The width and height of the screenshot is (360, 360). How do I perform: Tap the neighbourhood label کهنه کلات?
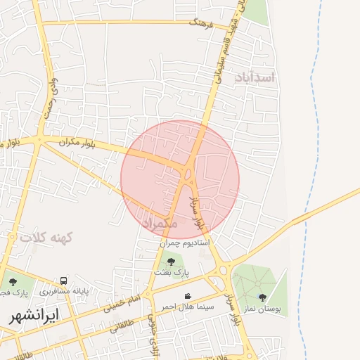coord(47,238)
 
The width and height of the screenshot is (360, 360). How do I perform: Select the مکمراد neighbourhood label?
coord(160,223)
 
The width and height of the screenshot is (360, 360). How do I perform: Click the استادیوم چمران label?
coord(185,243)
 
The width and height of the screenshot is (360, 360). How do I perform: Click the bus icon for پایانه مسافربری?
coord(64,281)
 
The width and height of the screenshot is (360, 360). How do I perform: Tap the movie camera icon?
coord(188,296)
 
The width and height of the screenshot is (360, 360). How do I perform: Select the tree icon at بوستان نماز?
coord(263,297)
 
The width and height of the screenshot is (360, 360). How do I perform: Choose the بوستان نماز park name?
coord(263,308)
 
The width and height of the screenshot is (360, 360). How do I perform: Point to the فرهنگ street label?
coord(200,22)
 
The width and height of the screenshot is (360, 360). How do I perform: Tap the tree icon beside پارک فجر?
coord(13,282)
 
